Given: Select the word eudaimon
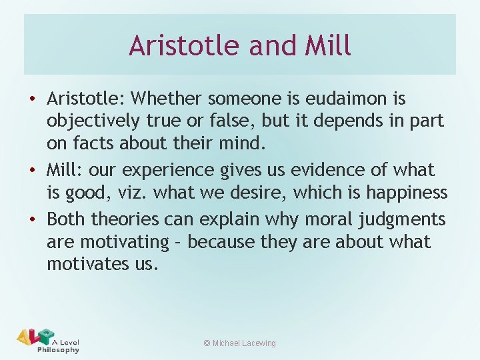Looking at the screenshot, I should pos(347,99).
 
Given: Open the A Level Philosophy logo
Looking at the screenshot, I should pos(48,340).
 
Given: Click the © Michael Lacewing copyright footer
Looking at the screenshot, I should pos(239,343).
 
